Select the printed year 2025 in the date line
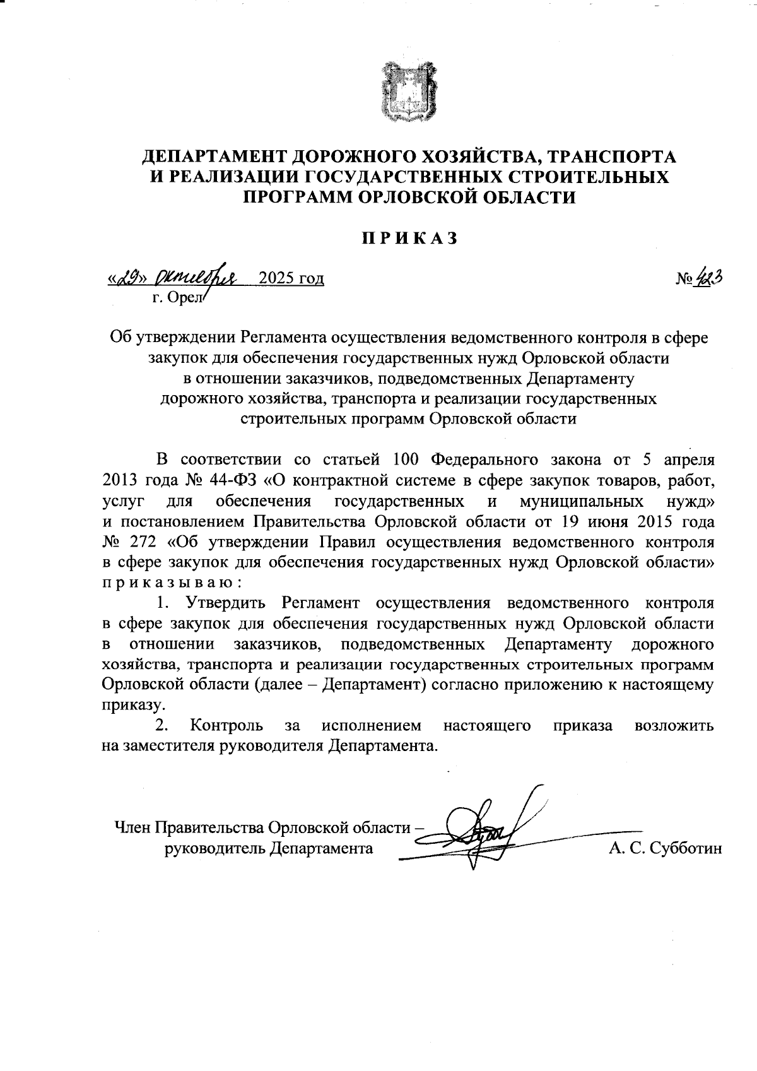pos(278,278)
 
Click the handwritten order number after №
pos(709,278)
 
